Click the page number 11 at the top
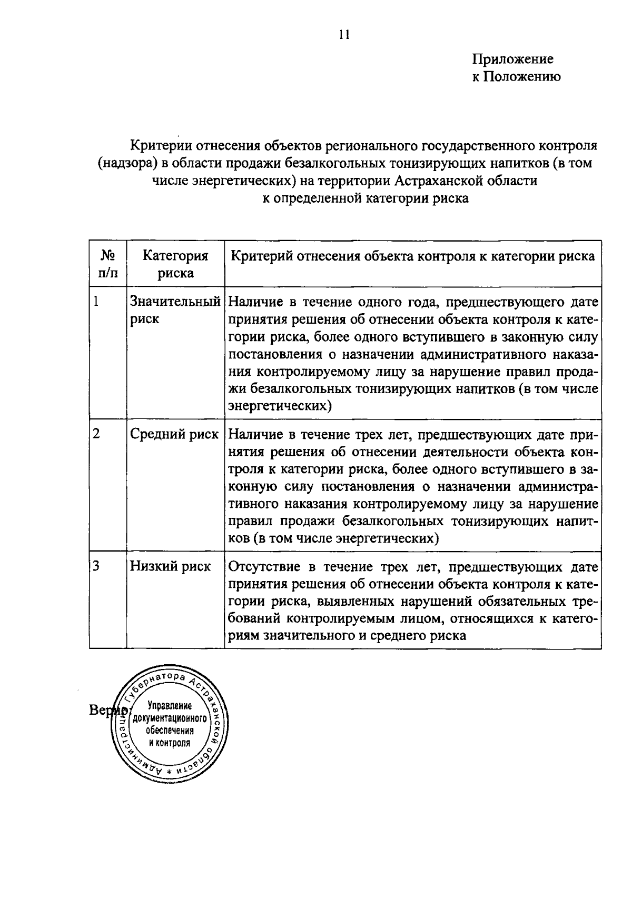pos(344,35)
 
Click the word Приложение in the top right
pos(512,59)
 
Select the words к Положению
pos(516,77)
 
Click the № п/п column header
pos(108,264)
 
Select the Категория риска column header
pos(175,264)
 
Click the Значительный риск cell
pos(175,310)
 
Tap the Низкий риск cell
pos(170,566)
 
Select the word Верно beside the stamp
pos(106,710)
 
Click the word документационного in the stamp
pos(170,718)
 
